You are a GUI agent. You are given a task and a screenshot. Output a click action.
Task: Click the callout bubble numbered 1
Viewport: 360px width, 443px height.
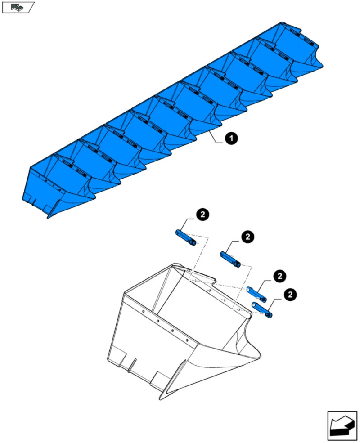pos(231,139)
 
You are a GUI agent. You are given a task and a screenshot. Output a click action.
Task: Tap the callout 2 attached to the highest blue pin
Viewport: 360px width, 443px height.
pos(202,215)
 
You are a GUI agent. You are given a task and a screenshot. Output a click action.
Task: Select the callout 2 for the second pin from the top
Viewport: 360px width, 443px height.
pos(248,237)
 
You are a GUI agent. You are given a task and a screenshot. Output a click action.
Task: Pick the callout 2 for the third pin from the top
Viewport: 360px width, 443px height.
pos(280,276)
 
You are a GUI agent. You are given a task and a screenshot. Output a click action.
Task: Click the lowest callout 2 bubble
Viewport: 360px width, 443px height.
pos(290,295)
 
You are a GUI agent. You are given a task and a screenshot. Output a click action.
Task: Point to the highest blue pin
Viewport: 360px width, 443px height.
pos(185,237)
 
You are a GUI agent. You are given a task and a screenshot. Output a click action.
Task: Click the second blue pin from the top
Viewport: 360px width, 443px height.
pos(230,260)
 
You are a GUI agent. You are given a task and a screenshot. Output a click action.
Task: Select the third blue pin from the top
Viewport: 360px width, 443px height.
pos(256,294)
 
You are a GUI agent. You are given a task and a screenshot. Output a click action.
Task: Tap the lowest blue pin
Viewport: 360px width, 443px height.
pos(262,310)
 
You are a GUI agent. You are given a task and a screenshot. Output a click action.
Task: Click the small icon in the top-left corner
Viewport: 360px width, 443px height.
pos(18,7)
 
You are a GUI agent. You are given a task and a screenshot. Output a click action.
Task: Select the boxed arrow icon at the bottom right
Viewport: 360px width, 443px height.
pos(342,425)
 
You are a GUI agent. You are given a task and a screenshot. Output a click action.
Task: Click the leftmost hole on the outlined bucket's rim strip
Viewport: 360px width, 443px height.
pos(144,311)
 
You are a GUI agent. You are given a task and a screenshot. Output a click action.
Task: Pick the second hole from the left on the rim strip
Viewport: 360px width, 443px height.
pos(158,321)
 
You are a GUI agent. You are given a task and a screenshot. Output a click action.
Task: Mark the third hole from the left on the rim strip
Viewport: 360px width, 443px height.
pos(172,330)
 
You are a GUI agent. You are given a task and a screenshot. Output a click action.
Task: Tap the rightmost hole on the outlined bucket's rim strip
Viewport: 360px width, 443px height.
pos(187,340)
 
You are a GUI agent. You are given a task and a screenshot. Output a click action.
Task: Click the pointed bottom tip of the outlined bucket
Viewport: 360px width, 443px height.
pos(160,399)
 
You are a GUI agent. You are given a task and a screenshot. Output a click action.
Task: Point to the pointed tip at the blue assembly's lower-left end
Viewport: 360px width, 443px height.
pos(48,218)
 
